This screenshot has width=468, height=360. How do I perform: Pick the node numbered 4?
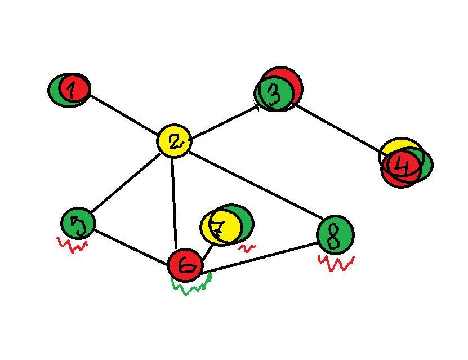404,165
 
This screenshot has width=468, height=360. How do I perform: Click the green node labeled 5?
78,224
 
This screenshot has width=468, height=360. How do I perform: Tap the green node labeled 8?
336,235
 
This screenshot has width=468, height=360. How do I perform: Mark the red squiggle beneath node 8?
336,263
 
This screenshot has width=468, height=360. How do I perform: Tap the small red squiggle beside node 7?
247,247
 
